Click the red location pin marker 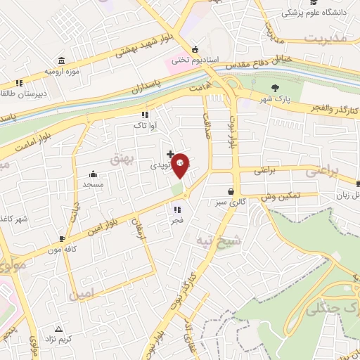tap(181, 165)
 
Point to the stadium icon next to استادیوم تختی tap(194, 50)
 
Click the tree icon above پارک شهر tap(274, 87)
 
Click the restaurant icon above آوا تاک tap(145, 115)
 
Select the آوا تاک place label tap(145, 125)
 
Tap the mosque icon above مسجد tap(93, 174)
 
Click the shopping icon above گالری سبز tap(231, 191)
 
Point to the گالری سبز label tap(231, 202)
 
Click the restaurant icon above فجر tap(176, 209)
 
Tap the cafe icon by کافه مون tap(63, 238)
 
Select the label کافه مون tap(61, 249)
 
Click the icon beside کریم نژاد tap(58, 328)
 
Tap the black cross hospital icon tap(170, 153)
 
